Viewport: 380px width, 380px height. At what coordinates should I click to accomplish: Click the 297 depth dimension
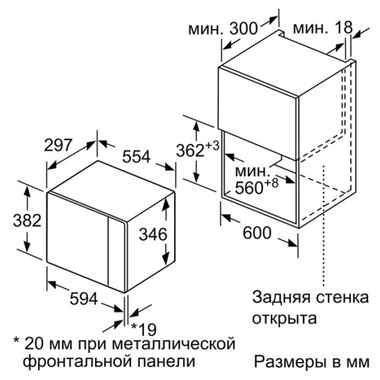pos(58,145)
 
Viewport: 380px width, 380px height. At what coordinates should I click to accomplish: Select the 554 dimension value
pos(136,156)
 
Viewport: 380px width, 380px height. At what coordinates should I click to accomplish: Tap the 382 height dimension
pos(27,220)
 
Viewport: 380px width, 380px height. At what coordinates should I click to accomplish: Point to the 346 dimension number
pos(153,235)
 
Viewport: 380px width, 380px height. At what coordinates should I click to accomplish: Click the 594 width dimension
pos(84,299)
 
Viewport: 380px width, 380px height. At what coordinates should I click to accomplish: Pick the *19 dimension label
pos(144,329)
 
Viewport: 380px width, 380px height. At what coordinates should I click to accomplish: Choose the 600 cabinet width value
pos(257,233)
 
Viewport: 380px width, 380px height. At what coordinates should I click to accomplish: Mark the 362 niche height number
pos(191,150)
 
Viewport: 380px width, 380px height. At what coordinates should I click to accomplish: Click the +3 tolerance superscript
pos(212,146)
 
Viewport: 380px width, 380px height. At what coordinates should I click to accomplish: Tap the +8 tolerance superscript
pos(271,183)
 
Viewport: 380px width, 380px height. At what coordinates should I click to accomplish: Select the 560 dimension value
pos(249,188)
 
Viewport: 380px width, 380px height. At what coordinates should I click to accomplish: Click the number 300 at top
pos(243,28)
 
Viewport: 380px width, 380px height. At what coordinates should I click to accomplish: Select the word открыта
pos(284,319)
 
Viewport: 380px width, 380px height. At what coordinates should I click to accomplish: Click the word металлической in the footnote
pos(174,344)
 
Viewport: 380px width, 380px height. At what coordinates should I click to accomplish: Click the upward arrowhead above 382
pos(27,192)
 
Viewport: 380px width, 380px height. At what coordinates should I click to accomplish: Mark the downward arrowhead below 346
pos(166,258)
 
